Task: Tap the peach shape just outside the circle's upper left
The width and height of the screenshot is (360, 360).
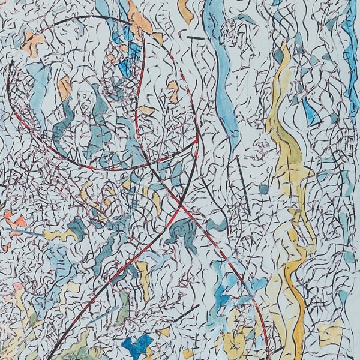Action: [x=34, y=42]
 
